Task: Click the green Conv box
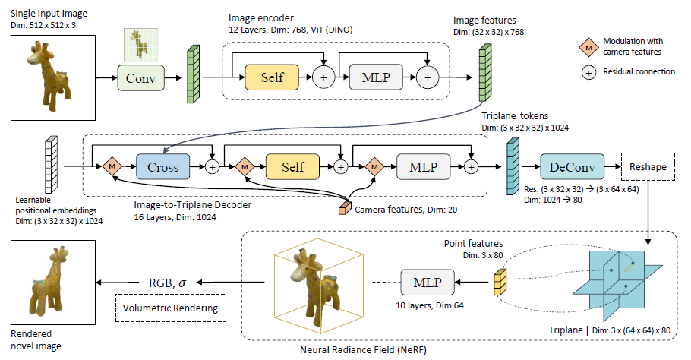[140, 78]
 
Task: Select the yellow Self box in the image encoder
[272, 77]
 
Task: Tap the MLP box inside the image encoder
[376, 77]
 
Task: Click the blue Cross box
[163, 166]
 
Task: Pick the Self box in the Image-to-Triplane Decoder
[292, 166]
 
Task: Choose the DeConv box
[572, 166]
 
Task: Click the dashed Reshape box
[648, 166]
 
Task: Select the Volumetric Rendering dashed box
[171, 308]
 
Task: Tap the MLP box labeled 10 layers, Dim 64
[427, 283]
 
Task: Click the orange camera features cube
[345, 208]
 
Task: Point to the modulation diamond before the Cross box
[112, 166]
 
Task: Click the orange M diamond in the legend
[588, 48]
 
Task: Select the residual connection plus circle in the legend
[588, 72]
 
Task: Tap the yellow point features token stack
[500, 281]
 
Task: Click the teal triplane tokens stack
[513, 166]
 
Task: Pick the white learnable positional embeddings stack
[52, 164]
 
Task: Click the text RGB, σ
[168, 283]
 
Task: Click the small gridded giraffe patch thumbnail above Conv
[140, 45]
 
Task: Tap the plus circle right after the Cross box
[213, 167]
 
